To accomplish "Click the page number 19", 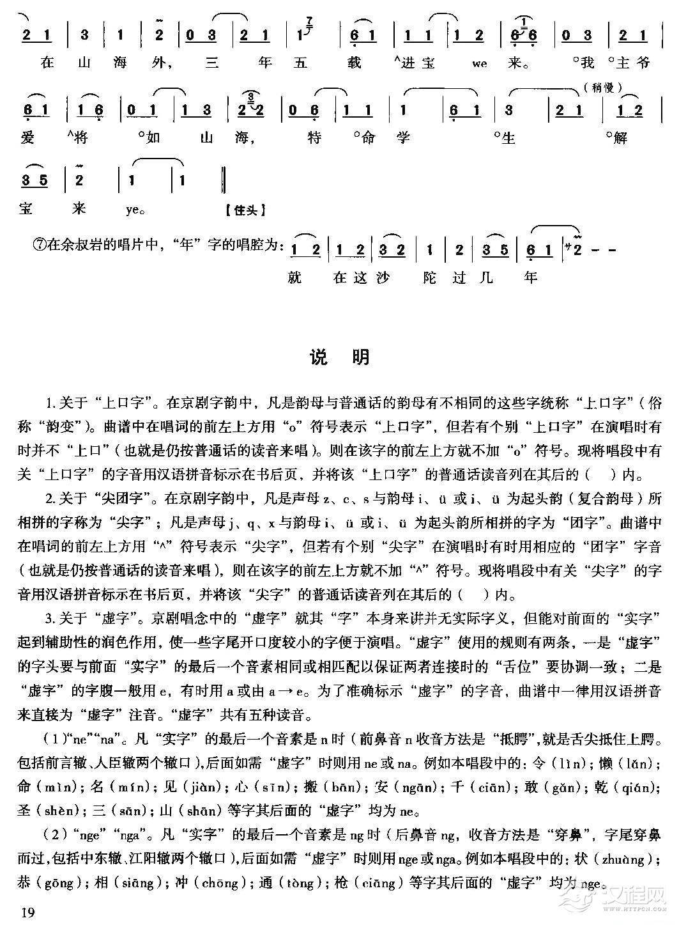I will (27, 911).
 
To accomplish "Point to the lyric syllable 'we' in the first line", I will (480, 63).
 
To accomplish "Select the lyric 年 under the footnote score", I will (530, 277).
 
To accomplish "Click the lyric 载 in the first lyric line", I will (355, 63).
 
